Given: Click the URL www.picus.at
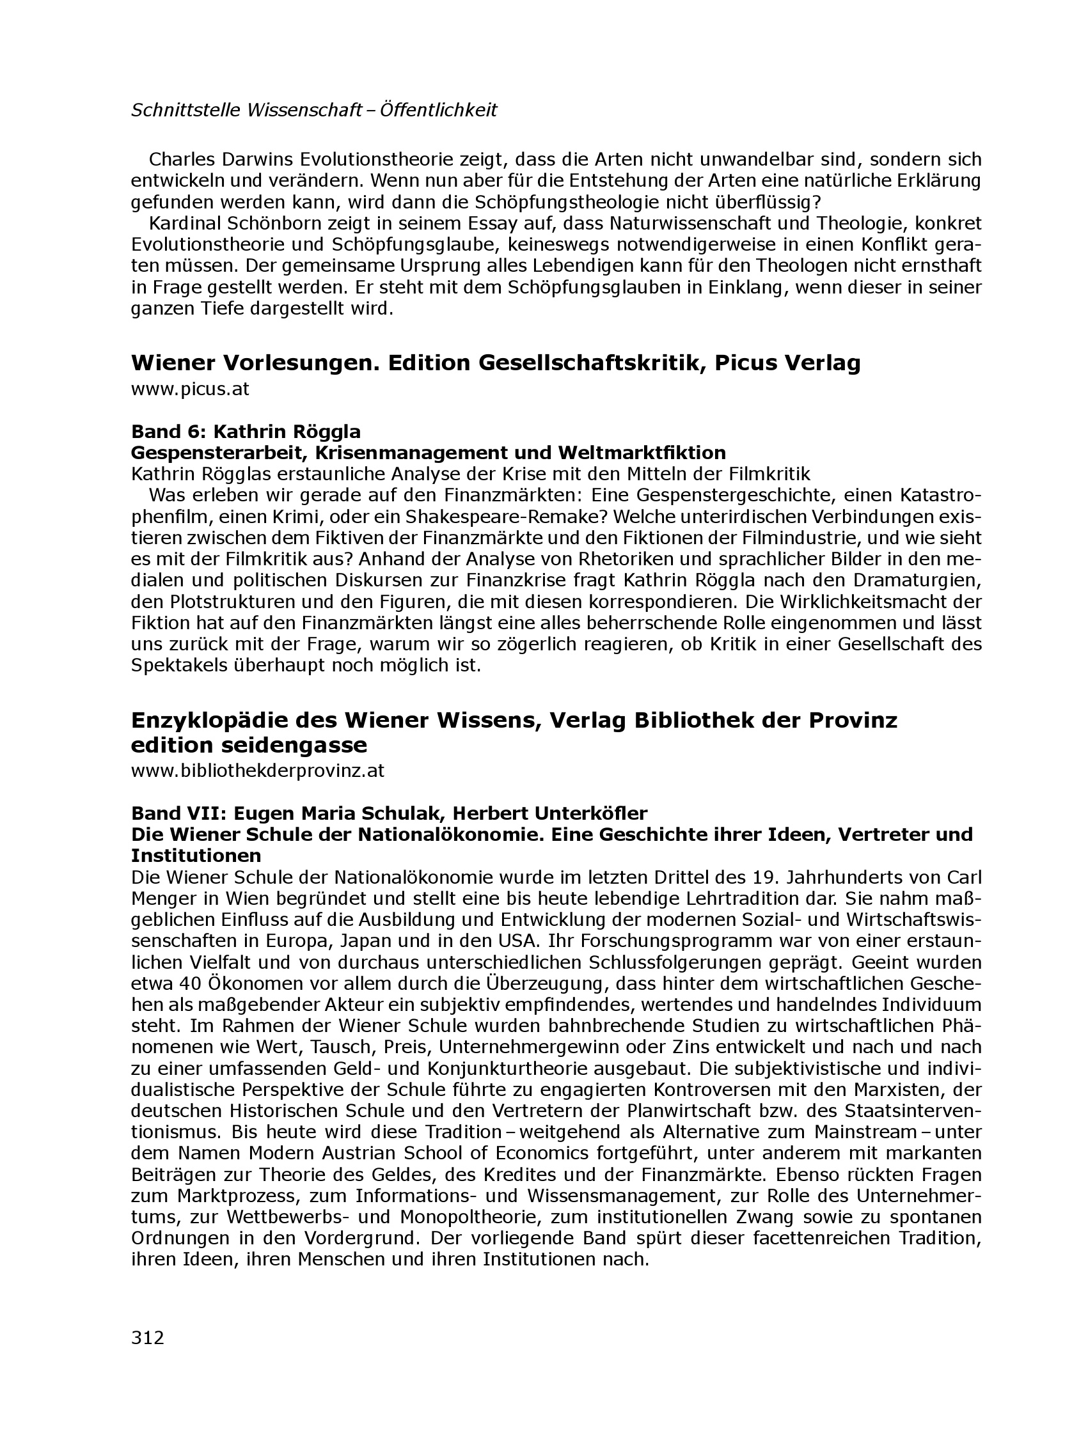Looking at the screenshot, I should tap(190, 389).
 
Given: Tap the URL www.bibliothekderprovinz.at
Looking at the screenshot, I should tap(258, 771).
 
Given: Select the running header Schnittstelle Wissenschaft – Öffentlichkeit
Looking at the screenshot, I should tap(314, 111).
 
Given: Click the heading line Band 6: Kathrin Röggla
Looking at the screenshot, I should tap(246, 432).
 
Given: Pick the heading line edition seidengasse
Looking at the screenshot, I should tap(249, 744).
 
